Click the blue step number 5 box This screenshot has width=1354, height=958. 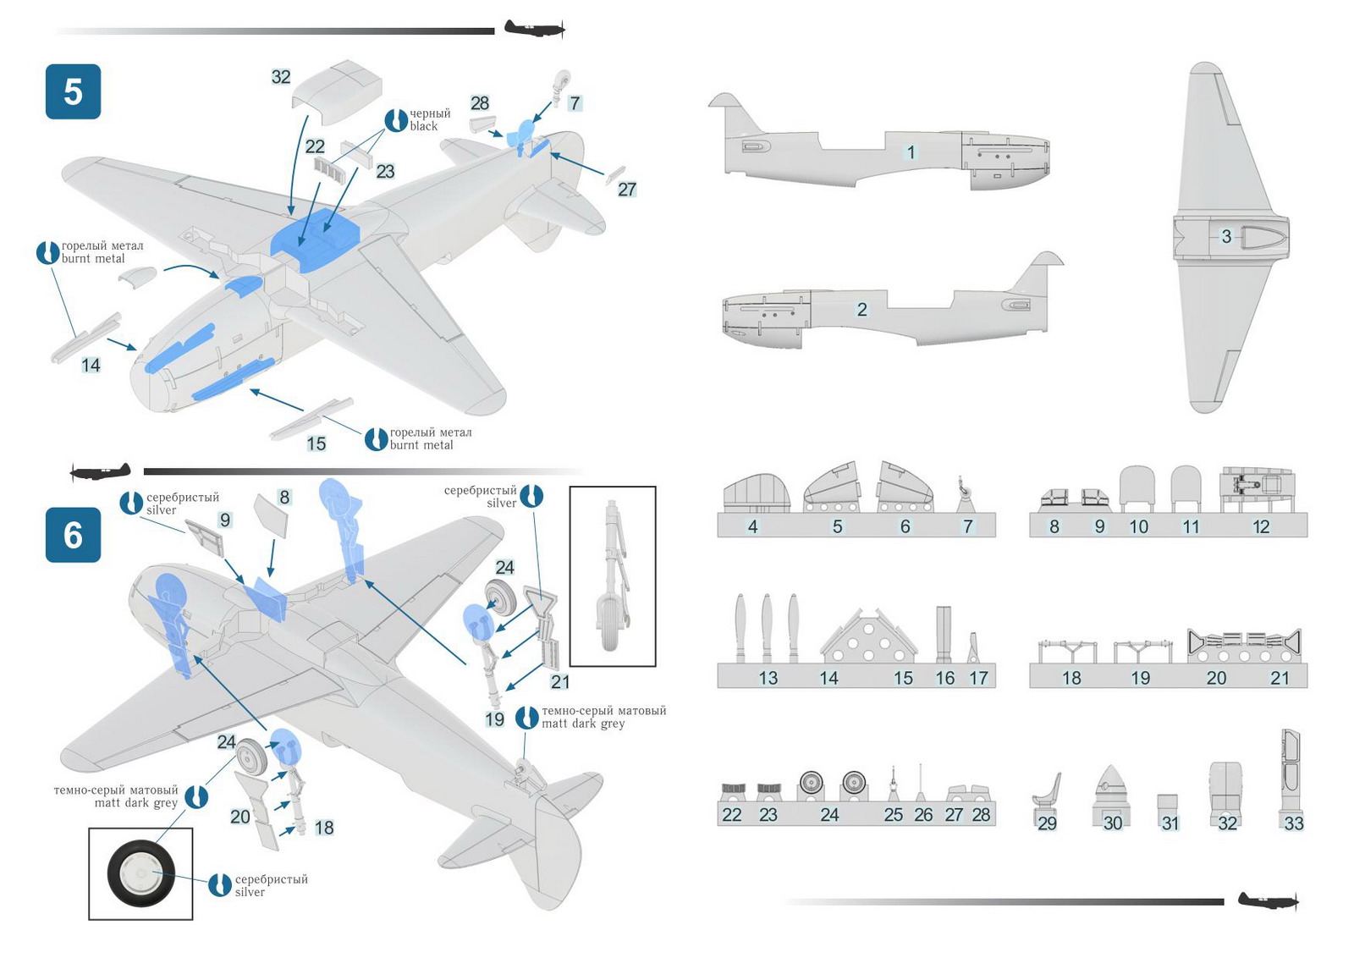click(x=73, y=92)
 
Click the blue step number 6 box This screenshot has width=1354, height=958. click(x=73, y=535)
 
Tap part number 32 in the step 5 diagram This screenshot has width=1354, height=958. click(x=281, y=77)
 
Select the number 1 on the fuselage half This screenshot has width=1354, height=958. click(x=911, y=151)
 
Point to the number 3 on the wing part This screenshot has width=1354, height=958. click(x=1226, y=236)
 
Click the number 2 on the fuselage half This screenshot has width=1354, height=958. click(x=862, y=310)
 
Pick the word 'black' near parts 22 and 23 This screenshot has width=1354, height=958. click(x=424, y=126)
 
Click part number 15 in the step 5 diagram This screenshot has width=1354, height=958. click(x=316, y=443)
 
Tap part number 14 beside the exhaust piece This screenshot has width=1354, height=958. click(x=91, y=365)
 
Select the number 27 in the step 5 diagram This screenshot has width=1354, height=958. click(x=627, y=190)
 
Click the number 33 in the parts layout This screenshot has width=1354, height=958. click(x=1294, y=823)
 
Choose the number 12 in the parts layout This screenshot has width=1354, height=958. click(x=1261, y=526)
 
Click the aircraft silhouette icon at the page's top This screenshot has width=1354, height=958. click(x=536, y=29)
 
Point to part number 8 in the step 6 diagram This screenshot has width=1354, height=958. click(x=284, y=497)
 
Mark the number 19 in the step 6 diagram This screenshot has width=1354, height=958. click(x=494, y=719)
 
